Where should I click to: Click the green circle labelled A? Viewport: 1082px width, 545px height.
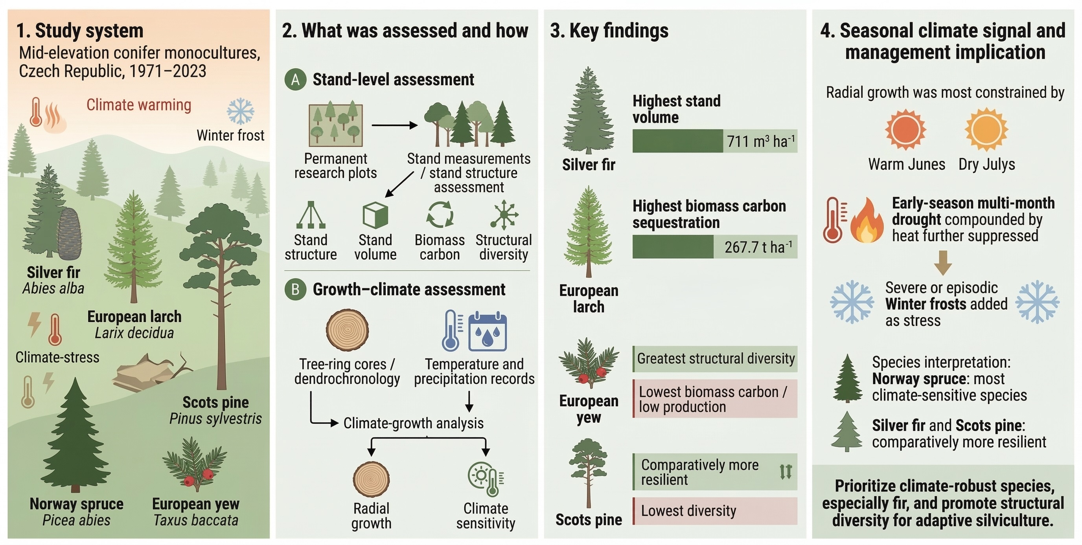point(295,80)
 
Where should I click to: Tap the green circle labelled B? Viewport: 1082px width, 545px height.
point(295,290)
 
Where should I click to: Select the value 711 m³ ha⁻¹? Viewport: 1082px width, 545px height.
point(760,141)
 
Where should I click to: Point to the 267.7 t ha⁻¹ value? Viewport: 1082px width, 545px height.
point(758,247)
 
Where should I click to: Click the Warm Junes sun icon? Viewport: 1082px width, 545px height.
point(905,129)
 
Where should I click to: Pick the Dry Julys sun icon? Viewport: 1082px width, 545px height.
point(986,129)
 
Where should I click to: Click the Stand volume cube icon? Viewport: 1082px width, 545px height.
point(375,215)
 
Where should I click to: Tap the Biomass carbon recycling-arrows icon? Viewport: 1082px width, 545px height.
point(440,215)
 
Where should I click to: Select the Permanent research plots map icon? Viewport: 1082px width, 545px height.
point(336,125)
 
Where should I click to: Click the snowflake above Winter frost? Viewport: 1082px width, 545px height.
point(240,112)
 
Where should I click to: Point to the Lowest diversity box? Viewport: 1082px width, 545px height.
point(715,511)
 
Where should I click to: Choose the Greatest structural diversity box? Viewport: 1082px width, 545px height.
point(715,359)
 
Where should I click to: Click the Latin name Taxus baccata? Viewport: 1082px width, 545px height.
point(196,521)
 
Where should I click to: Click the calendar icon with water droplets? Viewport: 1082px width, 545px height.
point(487,331)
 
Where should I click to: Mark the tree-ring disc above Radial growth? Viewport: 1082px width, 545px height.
point(371,479)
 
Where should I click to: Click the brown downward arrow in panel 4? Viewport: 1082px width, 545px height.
point(942,263)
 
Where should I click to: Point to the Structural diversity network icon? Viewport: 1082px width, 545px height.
point(504,215)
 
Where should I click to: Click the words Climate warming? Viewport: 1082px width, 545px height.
point(139,105)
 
